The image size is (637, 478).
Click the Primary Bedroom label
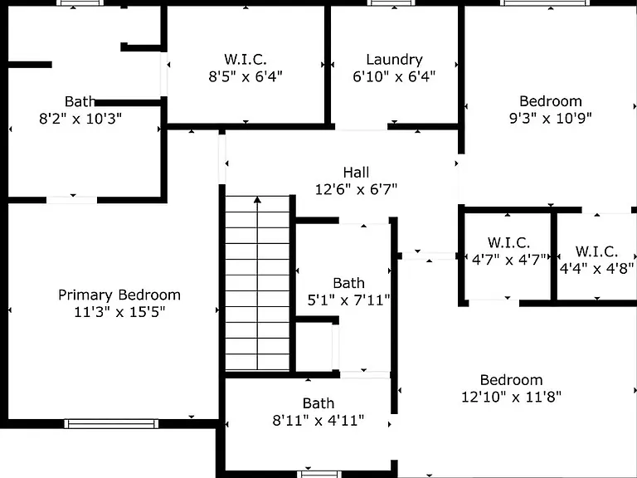119,295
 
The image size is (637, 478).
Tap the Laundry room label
394,60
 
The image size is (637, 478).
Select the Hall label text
357,173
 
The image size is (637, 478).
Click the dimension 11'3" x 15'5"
119,312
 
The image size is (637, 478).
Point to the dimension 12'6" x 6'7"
357,189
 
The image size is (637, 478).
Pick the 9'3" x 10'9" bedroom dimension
551,119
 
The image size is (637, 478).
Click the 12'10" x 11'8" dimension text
512,397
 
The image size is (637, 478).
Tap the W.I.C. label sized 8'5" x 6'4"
246,60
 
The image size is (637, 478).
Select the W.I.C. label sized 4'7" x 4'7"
508,242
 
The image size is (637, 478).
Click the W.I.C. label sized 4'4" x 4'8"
596,251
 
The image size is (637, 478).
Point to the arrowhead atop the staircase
257,199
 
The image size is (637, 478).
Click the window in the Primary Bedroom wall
111,424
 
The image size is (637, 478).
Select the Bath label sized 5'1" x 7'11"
348,283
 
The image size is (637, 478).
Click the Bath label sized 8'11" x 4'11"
318,403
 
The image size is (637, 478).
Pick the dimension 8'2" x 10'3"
80,119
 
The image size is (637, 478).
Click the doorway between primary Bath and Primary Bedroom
71,200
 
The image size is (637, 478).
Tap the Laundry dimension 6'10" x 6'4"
394,76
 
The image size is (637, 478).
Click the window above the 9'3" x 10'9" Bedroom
545,2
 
